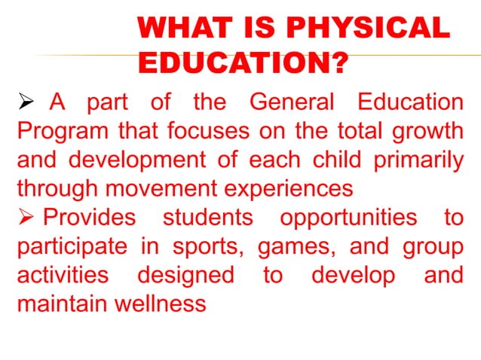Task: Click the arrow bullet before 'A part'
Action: (x=23, y=102)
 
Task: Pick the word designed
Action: (x=185, y=275)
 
